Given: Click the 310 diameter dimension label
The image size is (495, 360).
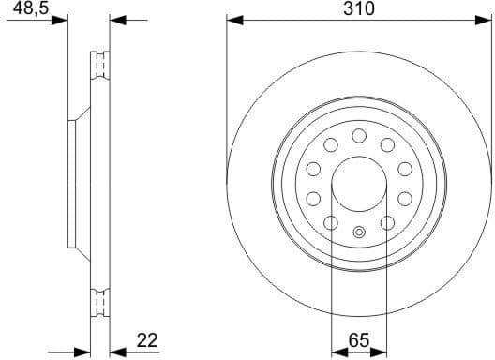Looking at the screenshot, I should click(x=359, y=9).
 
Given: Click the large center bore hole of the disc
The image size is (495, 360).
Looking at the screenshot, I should click(x=359, y=183).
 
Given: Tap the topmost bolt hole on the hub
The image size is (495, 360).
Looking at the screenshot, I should click(x=359, y=137).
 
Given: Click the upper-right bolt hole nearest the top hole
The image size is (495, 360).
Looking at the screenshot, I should click(x=386, y=144).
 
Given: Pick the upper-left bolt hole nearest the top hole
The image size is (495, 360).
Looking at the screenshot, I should click(x=332, y=144).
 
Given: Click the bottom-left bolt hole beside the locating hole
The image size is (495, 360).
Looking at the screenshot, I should click(x=331, y=222).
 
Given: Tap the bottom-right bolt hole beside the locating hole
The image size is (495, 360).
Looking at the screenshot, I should click(x=386, y=222).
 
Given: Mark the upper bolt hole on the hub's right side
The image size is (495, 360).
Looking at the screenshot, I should click(x=405, y=169).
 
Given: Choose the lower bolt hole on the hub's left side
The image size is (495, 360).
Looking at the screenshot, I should click(x=314, y=198).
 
